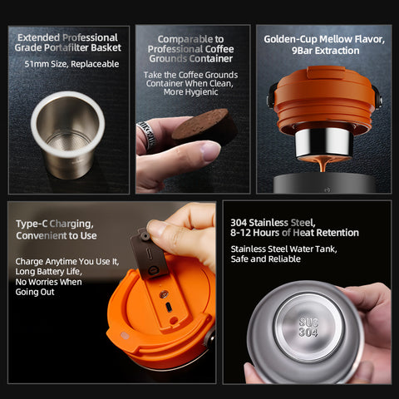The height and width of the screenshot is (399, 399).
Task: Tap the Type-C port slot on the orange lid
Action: pyautogui.click(x=169, y=308)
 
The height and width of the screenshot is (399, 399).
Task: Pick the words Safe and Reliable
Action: pyautogui.click(x=266, y=259)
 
